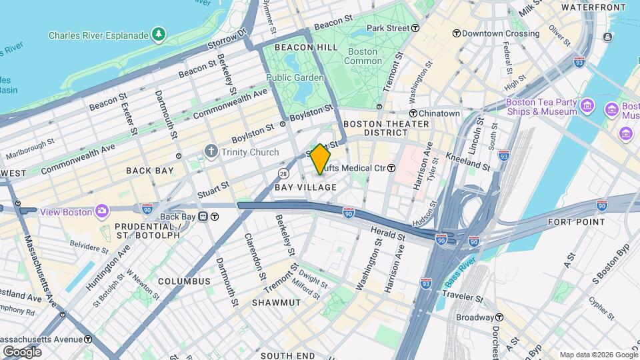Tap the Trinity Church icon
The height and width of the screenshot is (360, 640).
[x=211, y=152]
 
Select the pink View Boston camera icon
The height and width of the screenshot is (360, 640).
[x=102, y=211]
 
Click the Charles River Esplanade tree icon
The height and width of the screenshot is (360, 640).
[x=158, y=33]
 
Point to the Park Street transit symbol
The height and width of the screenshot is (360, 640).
[x=415, y=28]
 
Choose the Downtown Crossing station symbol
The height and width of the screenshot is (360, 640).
[x=457, y=33]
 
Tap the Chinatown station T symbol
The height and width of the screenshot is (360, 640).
[x=413, y=113]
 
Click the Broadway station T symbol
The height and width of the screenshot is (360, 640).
[x=499, y=317]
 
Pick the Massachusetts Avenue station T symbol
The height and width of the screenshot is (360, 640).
[x=88, y=339]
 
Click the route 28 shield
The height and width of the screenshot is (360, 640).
[x=283, y=173]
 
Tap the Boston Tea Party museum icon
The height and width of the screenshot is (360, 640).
[x=587, y=107]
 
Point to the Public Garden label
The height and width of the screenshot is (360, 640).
[x=295, y=77]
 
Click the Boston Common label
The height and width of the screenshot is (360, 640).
[x=363, y=56]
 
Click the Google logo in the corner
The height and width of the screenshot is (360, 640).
[x=22, y=351]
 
